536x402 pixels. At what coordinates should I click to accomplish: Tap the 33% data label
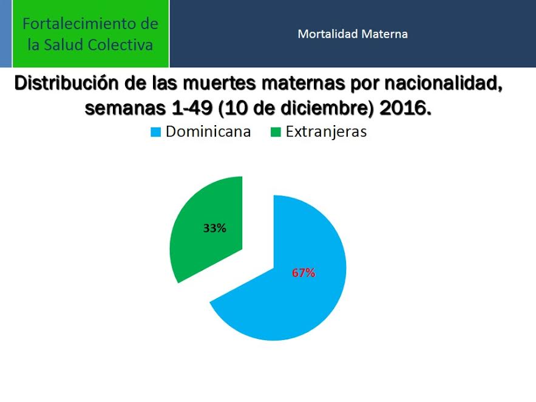tap(215, 228)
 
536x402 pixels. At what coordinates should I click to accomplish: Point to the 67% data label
tap(304, 273)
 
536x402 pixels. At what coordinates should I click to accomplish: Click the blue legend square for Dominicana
tap(155, 132)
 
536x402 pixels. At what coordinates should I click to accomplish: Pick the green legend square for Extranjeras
tap(276, 132)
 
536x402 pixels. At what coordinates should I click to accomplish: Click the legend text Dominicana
tap(208, 132)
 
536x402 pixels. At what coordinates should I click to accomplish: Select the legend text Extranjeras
tap(326, 132)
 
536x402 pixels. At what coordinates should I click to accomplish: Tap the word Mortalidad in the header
tap(328, 34)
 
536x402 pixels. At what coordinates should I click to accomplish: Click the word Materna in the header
tap(385, 34)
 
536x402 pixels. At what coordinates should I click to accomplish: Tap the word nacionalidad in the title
tap(443, 83)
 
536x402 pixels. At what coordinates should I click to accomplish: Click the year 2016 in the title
tap(405, 108)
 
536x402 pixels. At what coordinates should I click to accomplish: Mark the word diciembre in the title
tap(327, 108)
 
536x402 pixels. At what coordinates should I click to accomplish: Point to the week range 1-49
tap(192, 108)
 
